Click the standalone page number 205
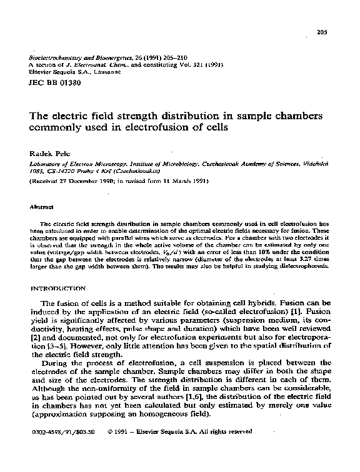[x=323, y=32]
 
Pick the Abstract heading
[x=41, y=205]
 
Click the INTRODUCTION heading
[x=58, y=288]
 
